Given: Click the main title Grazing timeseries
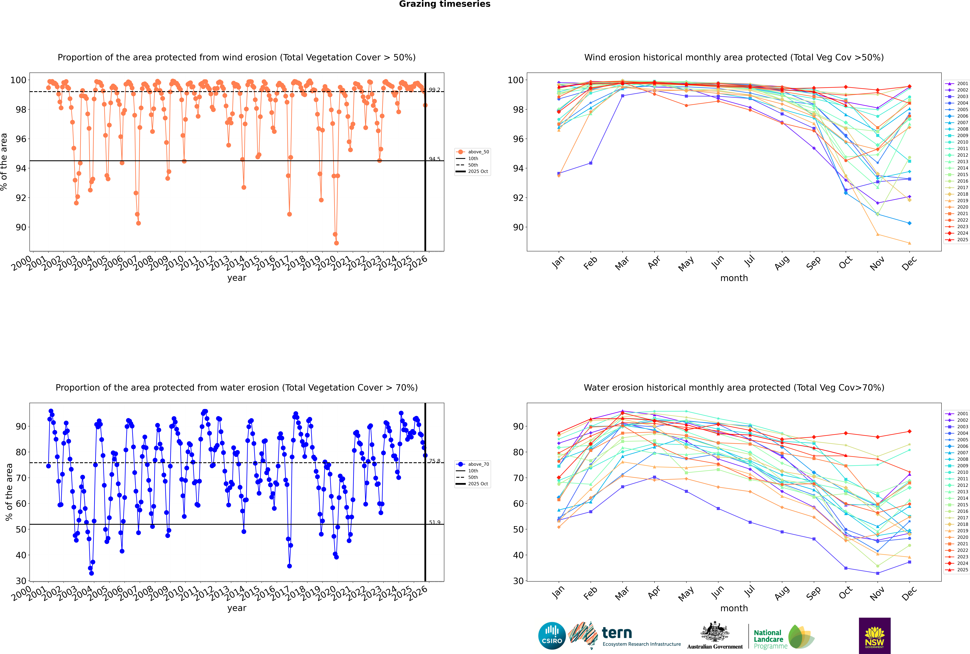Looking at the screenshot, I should (445, 4).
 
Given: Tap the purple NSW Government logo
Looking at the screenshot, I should (874, 635).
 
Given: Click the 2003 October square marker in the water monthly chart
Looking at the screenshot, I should (846, 568).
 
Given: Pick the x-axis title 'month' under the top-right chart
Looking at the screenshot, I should (734, 278).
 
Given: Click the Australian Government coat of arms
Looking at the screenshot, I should (715, 632).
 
